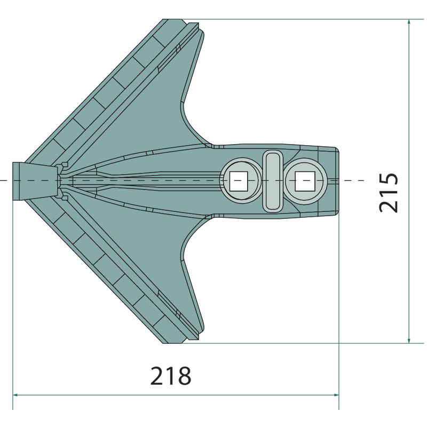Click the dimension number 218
point(171,376)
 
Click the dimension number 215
point(389,192)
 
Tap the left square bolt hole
point(238,181)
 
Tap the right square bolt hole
point(305,181)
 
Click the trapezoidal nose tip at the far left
point(35,181)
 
